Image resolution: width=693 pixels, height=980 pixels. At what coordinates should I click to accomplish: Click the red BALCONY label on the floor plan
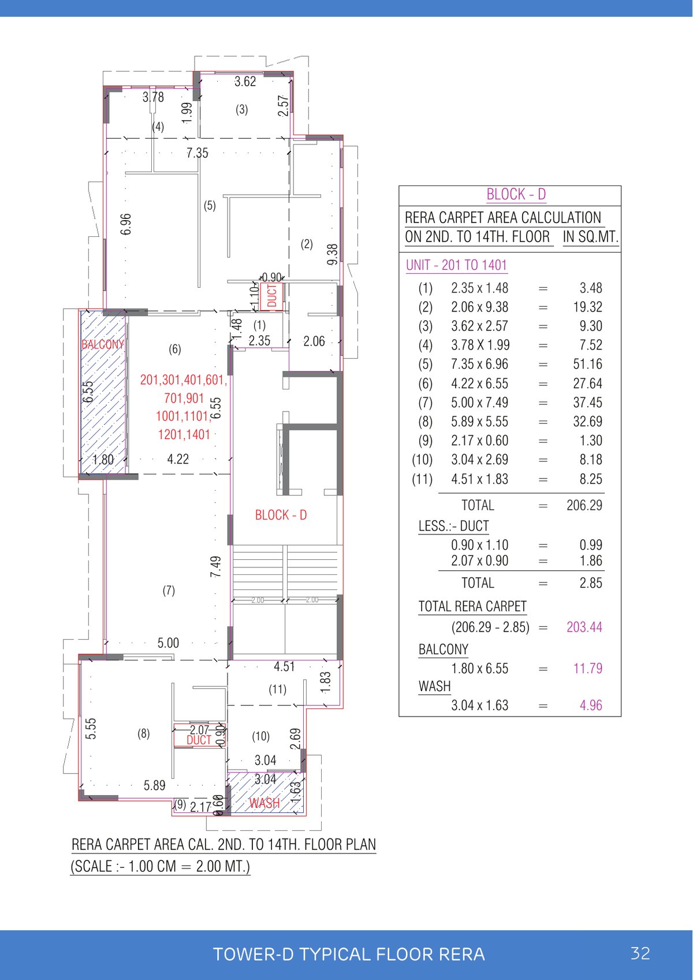point(103,344)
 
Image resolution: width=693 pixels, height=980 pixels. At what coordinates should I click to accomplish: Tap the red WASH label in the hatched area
point(264,803)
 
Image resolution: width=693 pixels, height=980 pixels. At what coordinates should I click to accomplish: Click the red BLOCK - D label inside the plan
point(281,515)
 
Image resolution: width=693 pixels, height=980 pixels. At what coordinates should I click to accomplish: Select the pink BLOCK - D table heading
point(516,194)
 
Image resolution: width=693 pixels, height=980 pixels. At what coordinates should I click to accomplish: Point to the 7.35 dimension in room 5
point(197,153)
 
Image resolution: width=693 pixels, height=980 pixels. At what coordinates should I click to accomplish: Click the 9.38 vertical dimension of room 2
point(332,254)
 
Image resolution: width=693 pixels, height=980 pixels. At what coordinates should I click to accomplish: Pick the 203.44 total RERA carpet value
point(584,627)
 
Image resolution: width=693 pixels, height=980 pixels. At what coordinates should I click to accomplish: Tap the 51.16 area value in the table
point(587,364)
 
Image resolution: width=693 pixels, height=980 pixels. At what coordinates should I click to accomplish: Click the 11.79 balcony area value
point(587,669)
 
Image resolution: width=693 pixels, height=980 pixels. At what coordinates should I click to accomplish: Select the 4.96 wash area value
point(591,706)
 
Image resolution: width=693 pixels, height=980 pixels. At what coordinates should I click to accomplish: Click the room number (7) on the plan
point(169,591)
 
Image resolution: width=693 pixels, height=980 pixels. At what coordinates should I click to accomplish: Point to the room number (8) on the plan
point(143,733)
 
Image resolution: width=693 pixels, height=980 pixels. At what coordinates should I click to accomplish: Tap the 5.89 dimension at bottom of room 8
point(154,785)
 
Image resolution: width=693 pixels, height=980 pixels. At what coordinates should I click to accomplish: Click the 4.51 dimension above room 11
point(284,667)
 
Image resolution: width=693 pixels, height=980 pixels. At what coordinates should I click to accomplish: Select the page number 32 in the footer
point(640,953)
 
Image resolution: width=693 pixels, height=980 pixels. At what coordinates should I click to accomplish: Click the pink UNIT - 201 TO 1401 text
point(456,265)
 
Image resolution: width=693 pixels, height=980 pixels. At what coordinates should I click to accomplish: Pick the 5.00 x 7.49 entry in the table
point(479,403)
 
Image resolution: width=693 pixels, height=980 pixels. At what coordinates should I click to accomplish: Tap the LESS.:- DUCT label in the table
point(453,526)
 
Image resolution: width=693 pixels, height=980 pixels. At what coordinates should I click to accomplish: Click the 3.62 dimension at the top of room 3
point(245,81)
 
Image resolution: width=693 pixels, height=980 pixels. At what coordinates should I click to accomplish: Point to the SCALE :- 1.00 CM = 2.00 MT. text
point(160,867)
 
